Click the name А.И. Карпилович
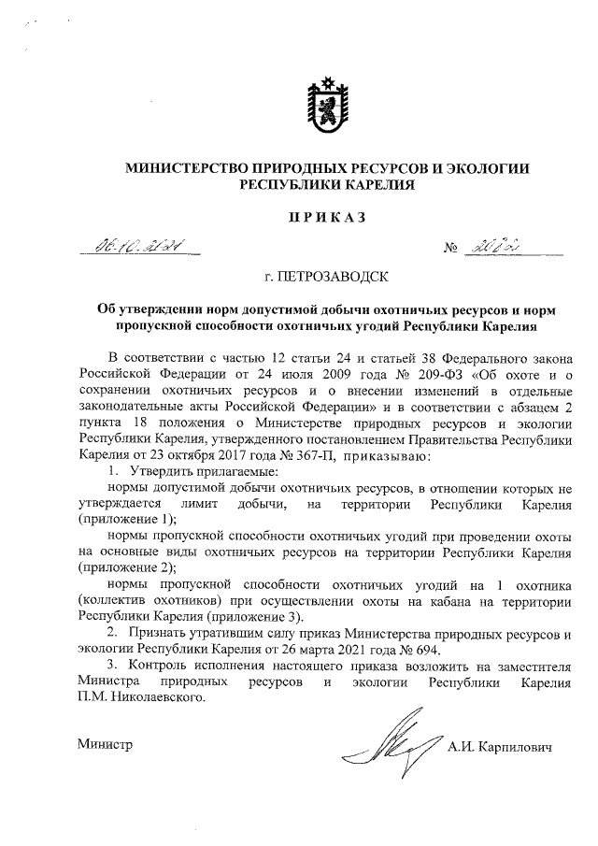click(501, 747)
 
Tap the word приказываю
click(387, 456)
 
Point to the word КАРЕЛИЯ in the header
click(372, 186)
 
